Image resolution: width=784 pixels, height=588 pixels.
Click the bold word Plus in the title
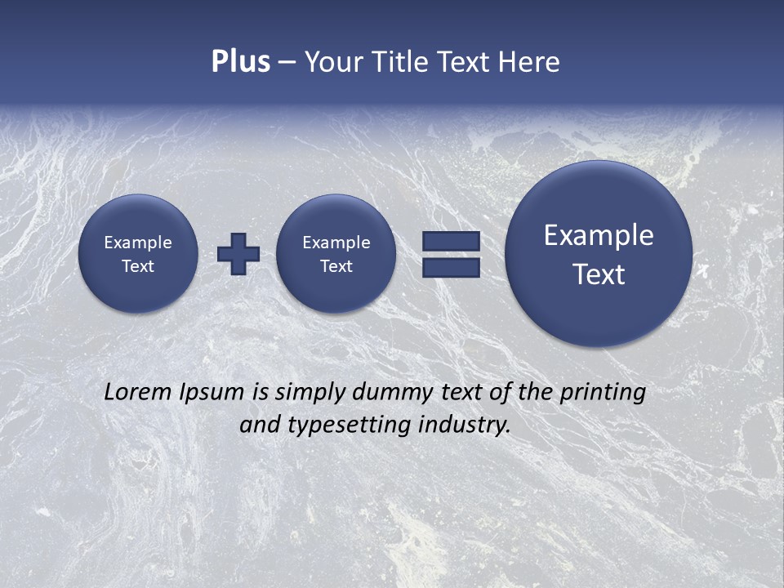240,62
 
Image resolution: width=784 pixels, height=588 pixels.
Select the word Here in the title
531,62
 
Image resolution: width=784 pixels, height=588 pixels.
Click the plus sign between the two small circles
238,253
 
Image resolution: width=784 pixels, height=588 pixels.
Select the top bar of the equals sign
451,241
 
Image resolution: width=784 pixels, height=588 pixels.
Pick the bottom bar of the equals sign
451,267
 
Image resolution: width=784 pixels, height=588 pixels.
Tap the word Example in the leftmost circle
138,243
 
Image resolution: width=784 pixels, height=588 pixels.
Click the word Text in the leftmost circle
138,266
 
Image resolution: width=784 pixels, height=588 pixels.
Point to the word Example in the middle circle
336,243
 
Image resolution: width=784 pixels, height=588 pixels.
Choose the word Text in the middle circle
336,266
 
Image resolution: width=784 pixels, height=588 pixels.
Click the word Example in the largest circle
599,235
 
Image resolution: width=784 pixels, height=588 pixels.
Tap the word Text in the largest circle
599,274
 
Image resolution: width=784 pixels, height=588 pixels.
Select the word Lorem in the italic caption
137,392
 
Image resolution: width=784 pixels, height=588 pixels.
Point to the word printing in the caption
602,393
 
